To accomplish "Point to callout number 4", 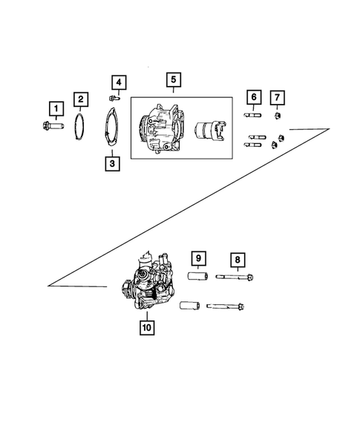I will pyautogui.click(x=119, y=82).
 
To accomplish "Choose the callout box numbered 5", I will pyautogui.click(x=172, y=79).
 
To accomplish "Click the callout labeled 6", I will pyautogui.click(x=254, y=97).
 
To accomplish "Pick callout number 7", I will pyautogui.click(x=276, y=97).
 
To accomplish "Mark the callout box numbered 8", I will pyautogui.click(x=238, y=259).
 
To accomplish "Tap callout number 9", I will pyautogui.click(x=198, y=259).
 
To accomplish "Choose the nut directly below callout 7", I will pyautogui.click(x=276, y=115).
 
